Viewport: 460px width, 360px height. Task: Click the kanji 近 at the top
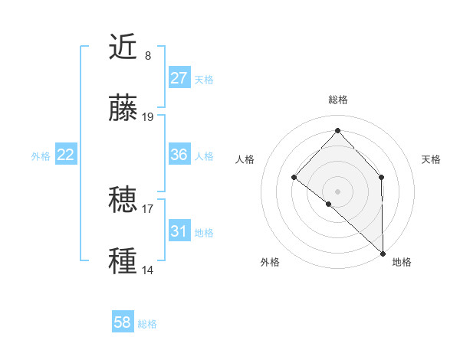pos(123,47)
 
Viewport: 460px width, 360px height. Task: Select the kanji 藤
pos(123,109)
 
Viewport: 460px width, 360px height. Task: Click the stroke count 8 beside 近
pos(148,55)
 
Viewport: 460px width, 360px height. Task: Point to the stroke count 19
pos(148,116)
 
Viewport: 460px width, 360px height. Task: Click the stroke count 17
pos(148,208)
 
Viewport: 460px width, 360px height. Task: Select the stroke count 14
pos(148,270)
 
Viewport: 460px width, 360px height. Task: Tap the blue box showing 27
pos(179,78)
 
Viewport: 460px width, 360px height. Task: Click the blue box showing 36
pos(179,155)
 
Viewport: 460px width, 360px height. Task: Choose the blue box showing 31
pos(179,231)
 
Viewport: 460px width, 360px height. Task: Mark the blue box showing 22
pos(66,155)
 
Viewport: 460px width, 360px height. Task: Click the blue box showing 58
pos(123,323)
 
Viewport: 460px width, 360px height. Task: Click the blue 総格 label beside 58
pos(148,324)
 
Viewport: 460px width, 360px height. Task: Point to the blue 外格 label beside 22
pos(41,155)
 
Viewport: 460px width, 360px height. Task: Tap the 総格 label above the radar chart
pos(337,100)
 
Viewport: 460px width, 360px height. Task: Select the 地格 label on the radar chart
pos(402,263)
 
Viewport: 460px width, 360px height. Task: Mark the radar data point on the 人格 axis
pos(294,178)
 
